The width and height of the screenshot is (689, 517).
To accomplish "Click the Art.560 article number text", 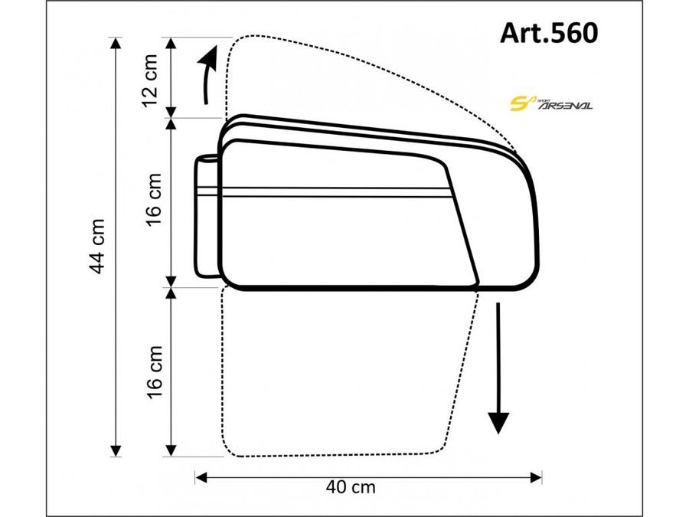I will click(x=548, y=33).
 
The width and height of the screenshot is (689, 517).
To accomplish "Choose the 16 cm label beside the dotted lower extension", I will click(x=153, y=371).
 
